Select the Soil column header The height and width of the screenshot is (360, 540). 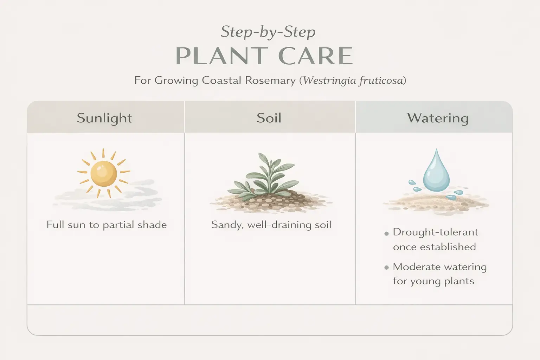coord(269,118)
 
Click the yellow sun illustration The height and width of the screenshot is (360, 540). coord(104,173)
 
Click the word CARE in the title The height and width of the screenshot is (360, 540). coord(316,56)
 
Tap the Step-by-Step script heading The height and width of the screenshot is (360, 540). coord(268,32)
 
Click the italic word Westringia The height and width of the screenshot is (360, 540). coord(329,80)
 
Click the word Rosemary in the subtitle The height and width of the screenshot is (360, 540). coord(270,81)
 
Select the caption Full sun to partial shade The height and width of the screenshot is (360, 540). coord(107,225)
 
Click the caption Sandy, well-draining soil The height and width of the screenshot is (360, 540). coord(271,225)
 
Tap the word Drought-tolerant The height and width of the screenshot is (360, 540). coord(436,232)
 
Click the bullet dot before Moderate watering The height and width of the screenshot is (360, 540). coord(386,268)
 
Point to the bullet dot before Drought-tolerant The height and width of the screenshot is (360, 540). coord(386,233)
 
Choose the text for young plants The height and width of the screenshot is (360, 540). coord(433,281)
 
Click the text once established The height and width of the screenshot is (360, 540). coord(435,247)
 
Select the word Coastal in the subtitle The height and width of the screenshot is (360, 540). coord(221,80)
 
